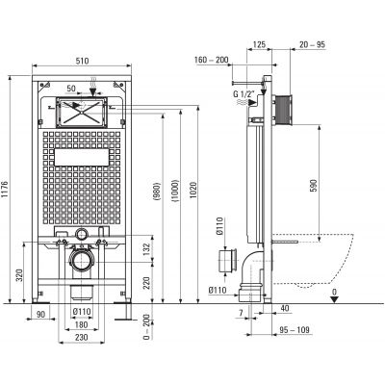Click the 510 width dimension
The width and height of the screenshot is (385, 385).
82,61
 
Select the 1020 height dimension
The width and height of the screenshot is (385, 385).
193,190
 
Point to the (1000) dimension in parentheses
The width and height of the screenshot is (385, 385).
175,191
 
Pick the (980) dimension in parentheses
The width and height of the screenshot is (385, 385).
157,192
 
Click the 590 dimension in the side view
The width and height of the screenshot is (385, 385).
314,186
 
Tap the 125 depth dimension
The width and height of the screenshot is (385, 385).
259,44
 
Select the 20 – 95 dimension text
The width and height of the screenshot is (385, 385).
312,44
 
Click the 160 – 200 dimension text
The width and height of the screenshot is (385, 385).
212,60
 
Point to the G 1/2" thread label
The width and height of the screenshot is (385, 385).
244,94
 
